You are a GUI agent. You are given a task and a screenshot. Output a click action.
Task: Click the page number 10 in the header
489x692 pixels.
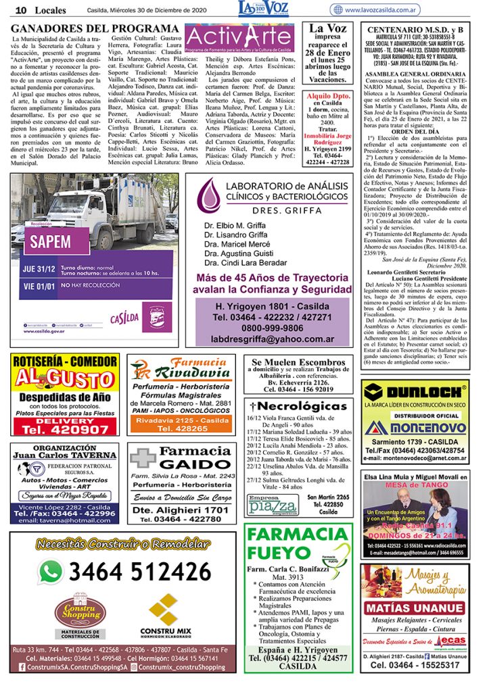(20, 10)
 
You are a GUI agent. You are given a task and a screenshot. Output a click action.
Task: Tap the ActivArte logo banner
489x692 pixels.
(240, 40)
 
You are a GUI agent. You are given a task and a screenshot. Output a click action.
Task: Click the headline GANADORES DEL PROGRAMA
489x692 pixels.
(94, 28)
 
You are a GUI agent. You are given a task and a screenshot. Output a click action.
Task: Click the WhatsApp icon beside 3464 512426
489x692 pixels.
(50, 572)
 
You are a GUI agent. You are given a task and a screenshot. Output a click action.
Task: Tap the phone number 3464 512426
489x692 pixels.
(139, 572)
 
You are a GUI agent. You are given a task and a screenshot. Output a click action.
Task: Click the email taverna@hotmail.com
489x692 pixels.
(64, 520)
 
